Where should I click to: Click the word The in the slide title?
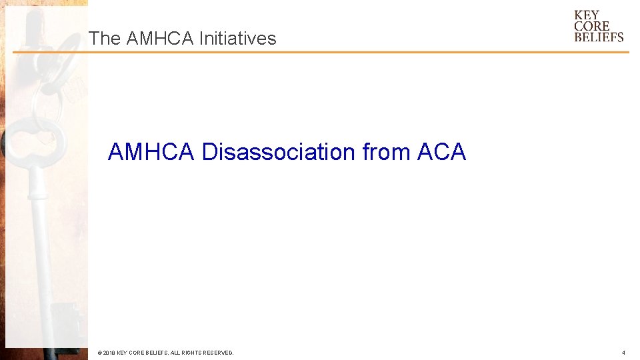(103, 39)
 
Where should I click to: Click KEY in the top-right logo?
(587, 15)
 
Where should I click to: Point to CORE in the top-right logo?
(591, 26)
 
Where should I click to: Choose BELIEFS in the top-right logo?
(599, 37)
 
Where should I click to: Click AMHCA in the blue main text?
(151, 152)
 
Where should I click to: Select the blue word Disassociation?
(279, 152)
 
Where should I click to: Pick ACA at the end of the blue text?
(441, 152)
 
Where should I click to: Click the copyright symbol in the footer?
(99, 353)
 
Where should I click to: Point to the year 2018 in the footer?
(109, 353)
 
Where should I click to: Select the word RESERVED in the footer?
(217, 353)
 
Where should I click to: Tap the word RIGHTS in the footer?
(188, 353)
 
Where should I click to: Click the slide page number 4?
(623, 353)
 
